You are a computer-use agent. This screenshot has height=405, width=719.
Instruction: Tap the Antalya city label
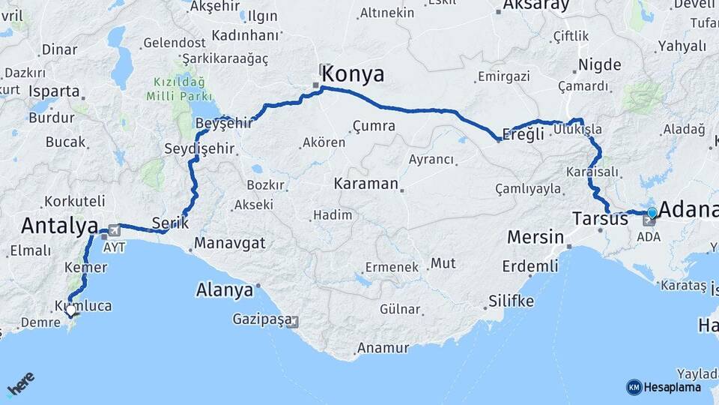[x=60, y=225]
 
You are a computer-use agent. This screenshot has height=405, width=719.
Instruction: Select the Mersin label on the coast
[x=535, y=238]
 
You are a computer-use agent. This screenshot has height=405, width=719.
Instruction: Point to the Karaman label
[x=365, y=183]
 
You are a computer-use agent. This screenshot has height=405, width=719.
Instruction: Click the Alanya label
[x=224, y=290]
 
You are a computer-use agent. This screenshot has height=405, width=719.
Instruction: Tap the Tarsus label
[x=600, y=219]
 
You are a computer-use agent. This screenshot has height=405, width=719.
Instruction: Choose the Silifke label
[x=511, y=301]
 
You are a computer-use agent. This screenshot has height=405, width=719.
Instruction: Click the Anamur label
[x=383, y=348]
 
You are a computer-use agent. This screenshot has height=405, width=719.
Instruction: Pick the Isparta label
[x=54, y=91]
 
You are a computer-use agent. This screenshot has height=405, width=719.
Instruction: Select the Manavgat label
[x=230, y=243]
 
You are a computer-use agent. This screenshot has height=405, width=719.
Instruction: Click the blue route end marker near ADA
[x=652, y=213]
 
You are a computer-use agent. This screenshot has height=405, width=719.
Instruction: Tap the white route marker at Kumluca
[x=70, y=309]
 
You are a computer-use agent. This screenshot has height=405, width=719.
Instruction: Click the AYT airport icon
[x=114, y=230]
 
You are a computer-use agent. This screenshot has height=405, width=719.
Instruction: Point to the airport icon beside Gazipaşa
[x=292, y=322]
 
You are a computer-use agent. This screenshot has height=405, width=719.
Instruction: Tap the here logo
[x=20, y=385]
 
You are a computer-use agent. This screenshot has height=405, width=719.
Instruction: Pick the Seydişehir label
[x=199, y=149]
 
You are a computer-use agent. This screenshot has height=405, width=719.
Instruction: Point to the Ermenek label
[x=392, y=267]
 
